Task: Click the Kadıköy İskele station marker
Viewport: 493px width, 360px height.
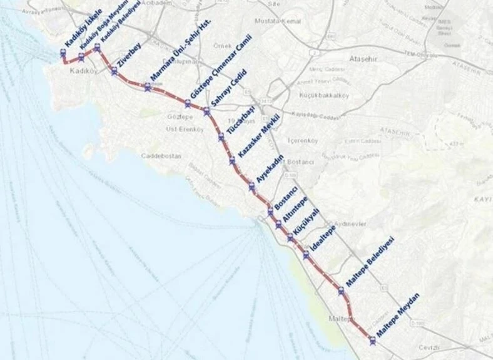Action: click(x=63, y=54)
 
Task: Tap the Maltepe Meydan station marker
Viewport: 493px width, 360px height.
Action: click(x=373, y=341)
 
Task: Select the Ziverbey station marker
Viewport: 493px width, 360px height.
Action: click(x=114, y=71)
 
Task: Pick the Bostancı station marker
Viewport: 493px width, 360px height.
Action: click(x=271, y=212)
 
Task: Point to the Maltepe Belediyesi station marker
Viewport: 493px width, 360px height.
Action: click(x=341, y=290)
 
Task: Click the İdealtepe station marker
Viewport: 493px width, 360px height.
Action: click(x=306, y=255)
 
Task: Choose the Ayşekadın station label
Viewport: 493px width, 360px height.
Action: click(x=270, y=168)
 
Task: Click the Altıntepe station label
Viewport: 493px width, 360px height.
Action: click(x=295, y=207)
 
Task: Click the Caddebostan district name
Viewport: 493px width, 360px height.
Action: click(x=161, y=155)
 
